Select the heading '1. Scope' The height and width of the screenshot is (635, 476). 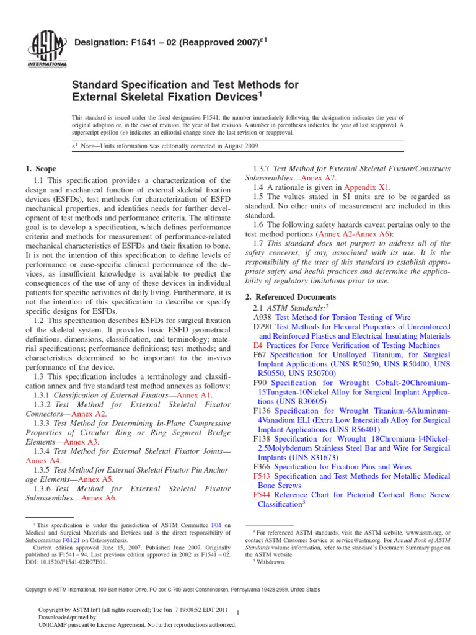pyautogui.click(x=41, y=169)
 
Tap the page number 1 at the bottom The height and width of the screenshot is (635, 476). pyautogui.click(x=238, y=613)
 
